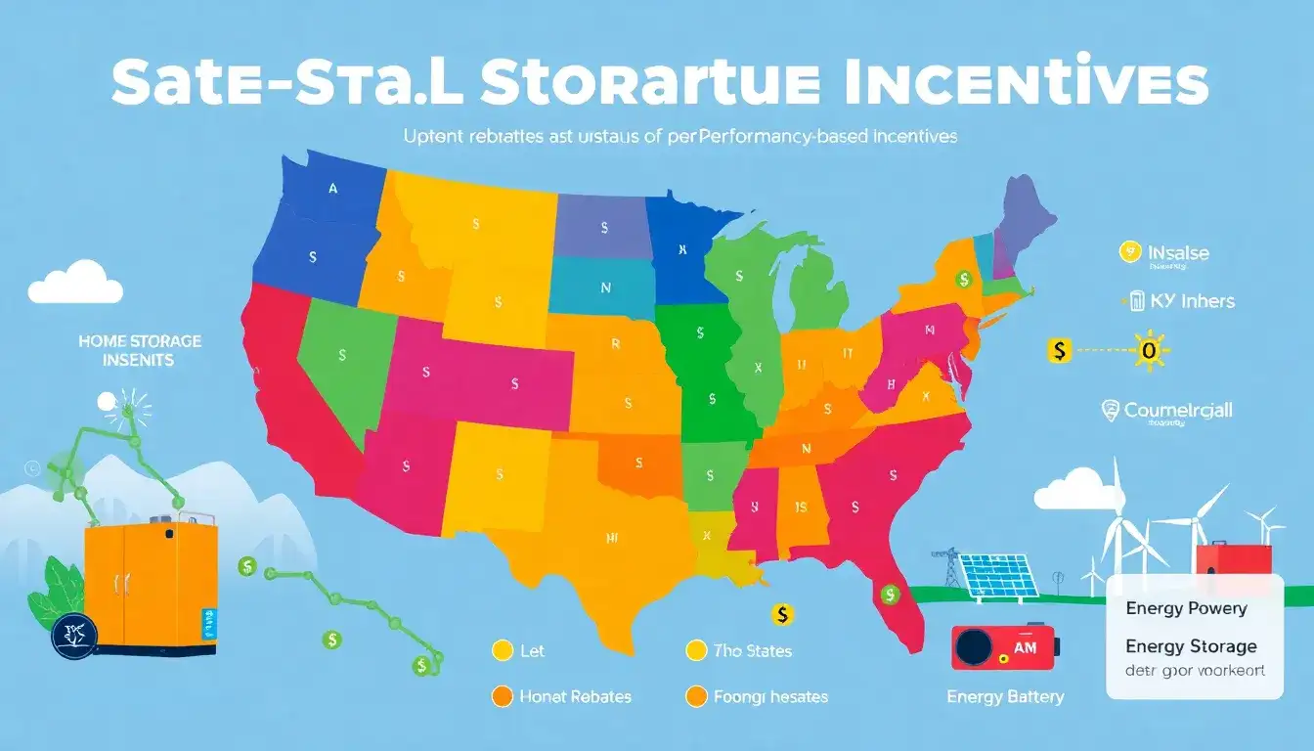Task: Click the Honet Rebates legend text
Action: click(574, 696)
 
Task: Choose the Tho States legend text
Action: click(752, 650)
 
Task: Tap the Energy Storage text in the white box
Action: click(1191, 646)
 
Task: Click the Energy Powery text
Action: click(1186, 608)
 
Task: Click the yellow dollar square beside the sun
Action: click(1060, 348)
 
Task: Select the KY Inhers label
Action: click(1193, 300)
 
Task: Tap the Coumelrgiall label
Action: click(1178, 411)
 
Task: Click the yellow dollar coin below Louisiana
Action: click(781, 614)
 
